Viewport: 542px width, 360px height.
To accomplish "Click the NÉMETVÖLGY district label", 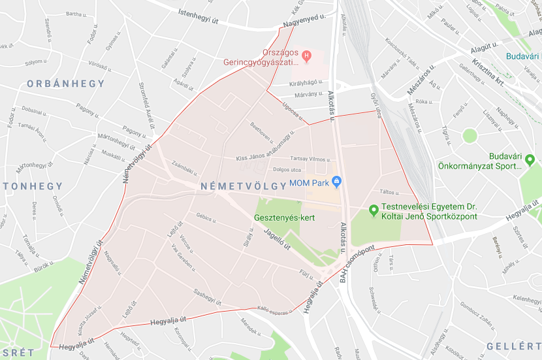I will pyautogui.click(x=243, y=186).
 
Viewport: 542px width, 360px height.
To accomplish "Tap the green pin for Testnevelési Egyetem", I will pyautogui.click(x=374, y=210).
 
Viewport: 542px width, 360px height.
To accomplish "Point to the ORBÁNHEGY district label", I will pyautogui.click(x=65, y=84).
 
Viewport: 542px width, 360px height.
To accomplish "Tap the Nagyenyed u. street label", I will pyautogui.click(x=304, y=22).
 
